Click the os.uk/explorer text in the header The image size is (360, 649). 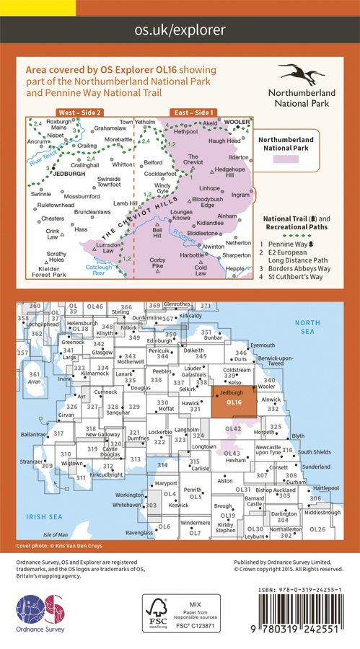click(x=180, y=30)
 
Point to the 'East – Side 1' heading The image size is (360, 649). click(x=192, y=113)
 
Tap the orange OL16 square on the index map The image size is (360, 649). click(x=234, y=401)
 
